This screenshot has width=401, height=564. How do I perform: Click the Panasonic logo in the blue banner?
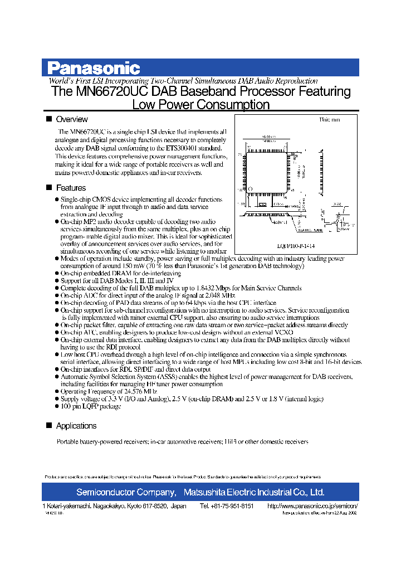point(93,68)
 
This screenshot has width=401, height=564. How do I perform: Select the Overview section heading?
point(72,119)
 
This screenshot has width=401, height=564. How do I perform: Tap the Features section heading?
point(71,188)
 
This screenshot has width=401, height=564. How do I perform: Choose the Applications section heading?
point(76,426)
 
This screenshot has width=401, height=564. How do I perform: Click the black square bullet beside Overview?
point(48,119)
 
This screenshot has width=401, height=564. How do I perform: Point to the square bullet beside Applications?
point(48,426)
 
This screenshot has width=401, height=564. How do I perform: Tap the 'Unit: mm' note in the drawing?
point(329,120)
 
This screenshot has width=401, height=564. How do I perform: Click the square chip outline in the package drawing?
point(266,171)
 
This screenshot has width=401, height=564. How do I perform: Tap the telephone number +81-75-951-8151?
point(227,506)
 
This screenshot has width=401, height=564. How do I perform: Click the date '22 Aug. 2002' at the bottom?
point(343,513)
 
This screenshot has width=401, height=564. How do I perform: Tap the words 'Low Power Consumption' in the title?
point(200,105)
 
